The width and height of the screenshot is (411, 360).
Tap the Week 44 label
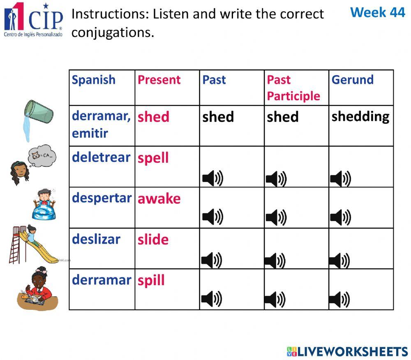tap(377, 12)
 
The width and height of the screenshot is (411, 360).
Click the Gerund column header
tap(352, 80)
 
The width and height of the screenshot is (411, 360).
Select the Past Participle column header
tap(293, 88)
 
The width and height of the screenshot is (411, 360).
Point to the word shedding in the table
tap(360, 117)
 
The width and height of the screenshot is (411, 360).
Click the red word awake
tap(159, 199)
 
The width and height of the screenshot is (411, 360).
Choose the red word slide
tap(153, 240)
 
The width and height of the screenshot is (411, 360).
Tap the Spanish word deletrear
tap(101, 157)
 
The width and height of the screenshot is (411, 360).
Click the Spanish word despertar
tap(102, 198)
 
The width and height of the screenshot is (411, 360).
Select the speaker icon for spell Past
tap(212, 178)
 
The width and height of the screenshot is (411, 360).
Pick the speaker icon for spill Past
tap(212, 299)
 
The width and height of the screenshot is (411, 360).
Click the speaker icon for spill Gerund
tap(339, 299)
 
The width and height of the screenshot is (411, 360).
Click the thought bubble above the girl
tap(42, 157)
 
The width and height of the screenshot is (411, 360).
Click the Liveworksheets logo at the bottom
tap(347, 351)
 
